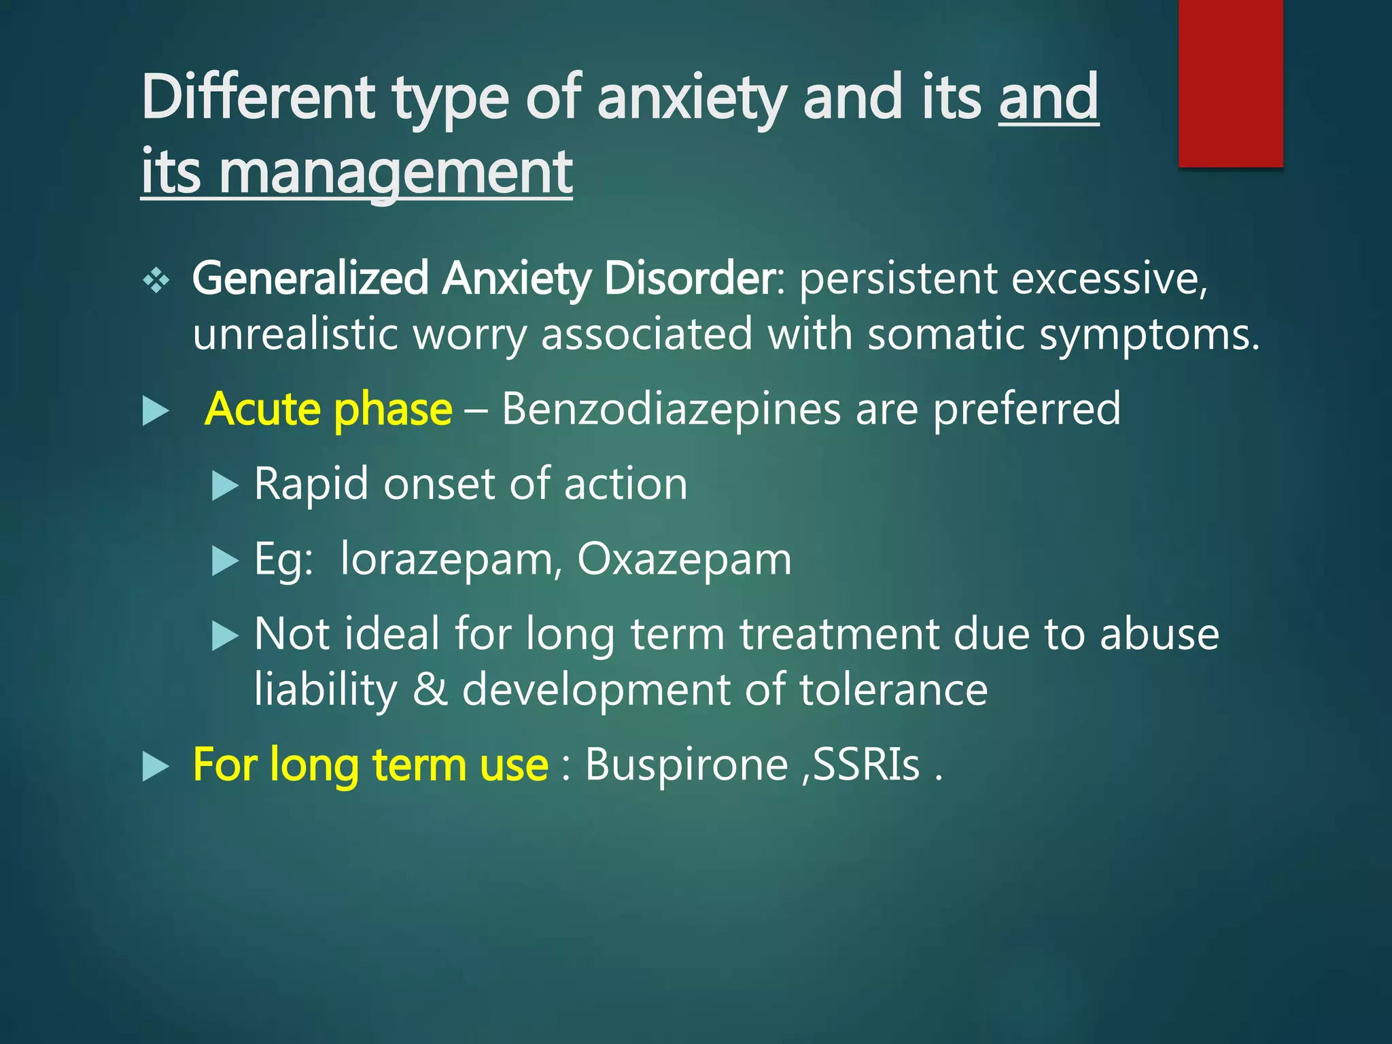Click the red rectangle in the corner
[x=1230, y=83]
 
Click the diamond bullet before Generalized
[x=156, y=280]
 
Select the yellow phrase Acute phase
[x=328, y=410]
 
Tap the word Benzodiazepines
[x=671, y=410]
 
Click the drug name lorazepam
[x=447, y=560]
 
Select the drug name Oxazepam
[x=684, y=560]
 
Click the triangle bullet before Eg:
[x=225, y=561]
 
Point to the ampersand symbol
[x=430, y=689]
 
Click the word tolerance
[x=893, y=689]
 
